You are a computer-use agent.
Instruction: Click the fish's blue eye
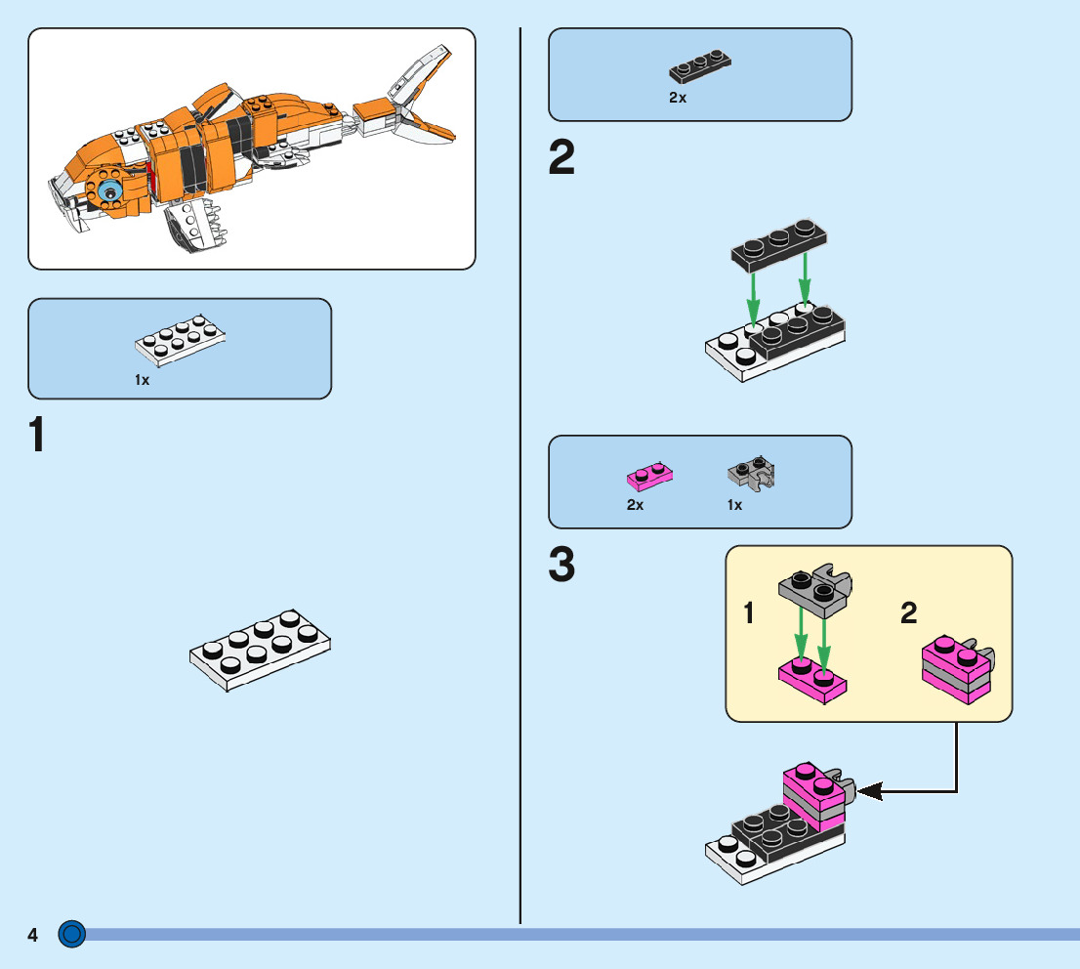coord(110,191)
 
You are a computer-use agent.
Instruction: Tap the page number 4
coord(32,936)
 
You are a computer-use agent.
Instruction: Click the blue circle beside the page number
coord(72,935)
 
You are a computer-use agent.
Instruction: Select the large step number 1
coord(37,436)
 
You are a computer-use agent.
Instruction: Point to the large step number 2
coord(561,159)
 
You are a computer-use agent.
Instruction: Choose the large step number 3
coord(561,567)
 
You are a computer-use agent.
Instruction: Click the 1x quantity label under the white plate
coord(143,380)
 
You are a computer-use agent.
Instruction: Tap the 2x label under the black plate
coord(678,98)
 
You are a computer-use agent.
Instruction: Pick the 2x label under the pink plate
coord(635,505)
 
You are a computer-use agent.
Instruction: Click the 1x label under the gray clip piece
coord(734,505)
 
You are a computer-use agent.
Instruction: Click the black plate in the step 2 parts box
coord(700,67)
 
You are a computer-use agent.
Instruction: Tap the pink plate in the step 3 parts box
coord(649,476)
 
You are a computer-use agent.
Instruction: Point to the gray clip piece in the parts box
coord(752,474)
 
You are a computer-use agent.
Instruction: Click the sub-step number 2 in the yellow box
coord(908,613)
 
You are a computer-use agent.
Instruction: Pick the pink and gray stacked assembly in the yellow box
coord(957,667)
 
